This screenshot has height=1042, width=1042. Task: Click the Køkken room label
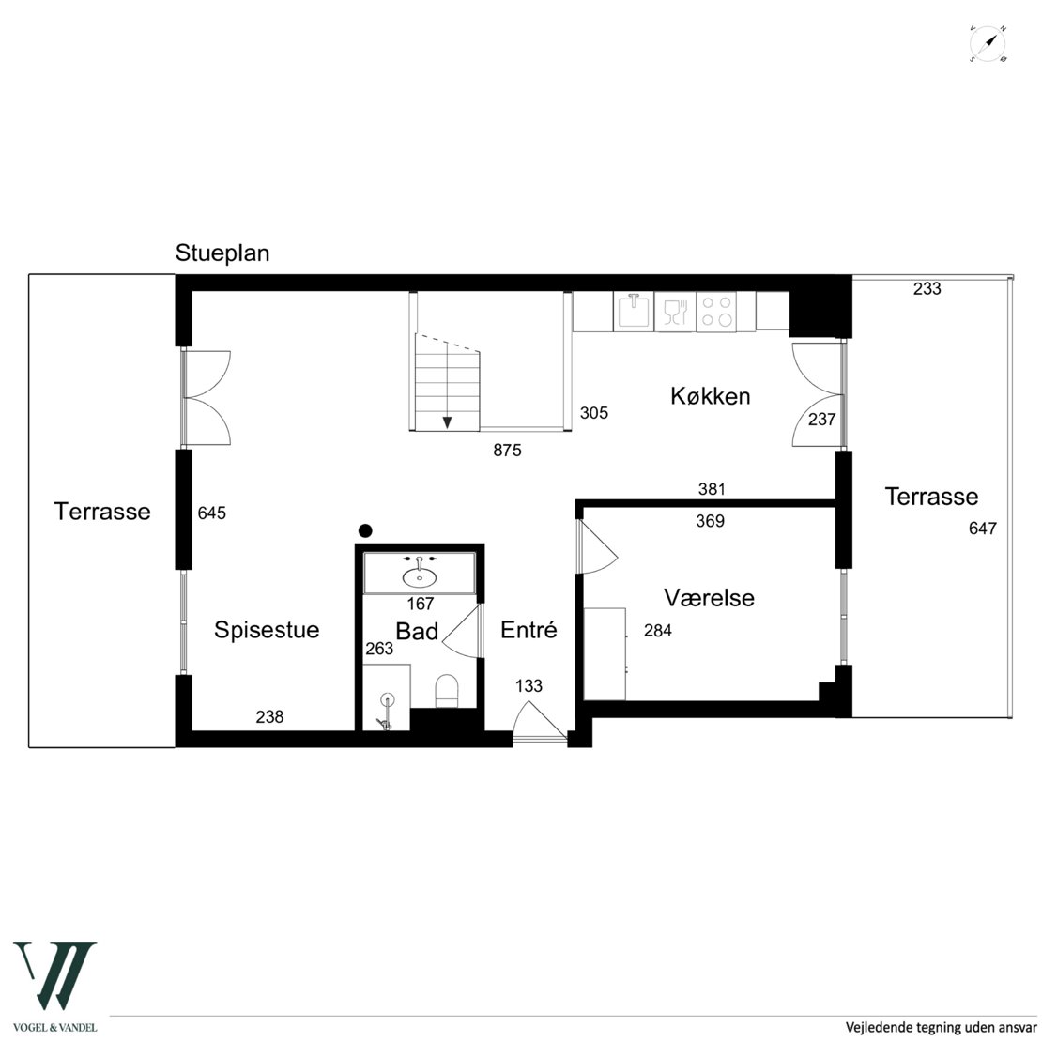tap(710, 396)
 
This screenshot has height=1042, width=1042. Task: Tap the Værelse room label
tap(709, 597)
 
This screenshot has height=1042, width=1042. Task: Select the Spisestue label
tap(267, 630)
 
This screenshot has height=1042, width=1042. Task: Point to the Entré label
tap(529, 629)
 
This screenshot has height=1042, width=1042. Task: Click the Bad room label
tap(417, 631)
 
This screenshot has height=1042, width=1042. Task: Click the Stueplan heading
tap(222, 253)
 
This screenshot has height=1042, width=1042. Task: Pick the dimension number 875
tap(507, 451)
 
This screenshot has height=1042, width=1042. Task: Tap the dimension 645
tap(212, 513)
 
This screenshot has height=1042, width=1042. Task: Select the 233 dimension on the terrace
tap(927, 288)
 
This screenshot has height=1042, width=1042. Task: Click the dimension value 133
tap(529, 686)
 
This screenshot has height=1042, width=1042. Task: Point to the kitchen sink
tap(634, 311)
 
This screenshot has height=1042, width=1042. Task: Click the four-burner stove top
tap(716, 312)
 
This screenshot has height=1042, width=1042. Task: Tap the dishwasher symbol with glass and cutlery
tap(675, 312)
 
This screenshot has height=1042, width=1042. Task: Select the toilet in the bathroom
tap(447, 691)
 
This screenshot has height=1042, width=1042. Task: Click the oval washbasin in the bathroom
tap(420, 576)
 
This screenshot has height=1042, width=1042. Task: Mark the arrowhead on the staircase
tap(447, 422)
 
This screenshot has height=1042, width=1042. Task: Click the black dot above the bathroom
tap(365, 531)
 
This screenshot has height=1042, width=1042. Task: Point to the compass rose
tap(988, 44)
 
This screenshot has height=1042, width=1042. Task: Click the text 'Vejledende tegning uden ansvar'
tap(941, 1027)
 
